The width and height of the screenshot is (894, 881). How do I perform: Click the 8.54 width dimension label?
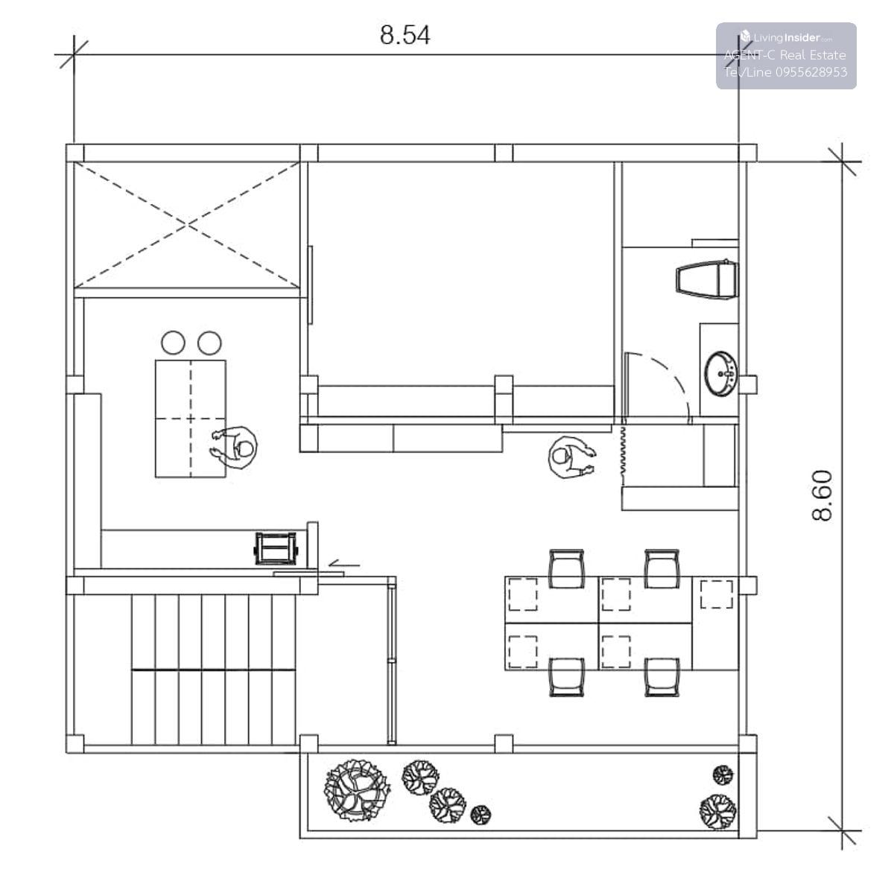[x=405, y=35]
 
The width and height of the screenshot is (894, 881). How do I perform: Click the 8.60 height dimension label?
[x=822, y=495]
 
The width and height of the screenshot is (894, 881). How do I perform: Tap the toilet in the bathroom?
[x=706, y=279]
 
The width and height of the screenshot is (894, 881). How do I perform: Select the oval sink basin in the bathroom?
[x=721, y=373]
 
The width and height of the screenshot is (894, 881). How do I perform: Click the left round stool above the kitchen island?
[x=173, y=343]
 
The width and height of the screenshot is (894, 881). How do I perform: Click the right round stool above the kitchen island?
[x=209, y=343]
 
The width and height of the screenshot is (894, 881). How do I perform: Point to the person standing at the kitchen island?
[x=234, y=448]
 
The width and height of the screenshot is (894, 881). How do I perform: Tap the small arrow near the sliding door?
[x=343, y=564]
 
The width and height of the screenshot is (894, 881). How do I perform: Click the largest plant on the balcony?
[x=357, y=790]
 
